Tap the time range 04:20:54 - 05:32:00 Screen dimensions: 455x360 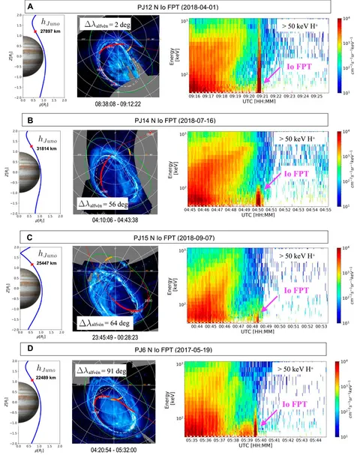(111, 447)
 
